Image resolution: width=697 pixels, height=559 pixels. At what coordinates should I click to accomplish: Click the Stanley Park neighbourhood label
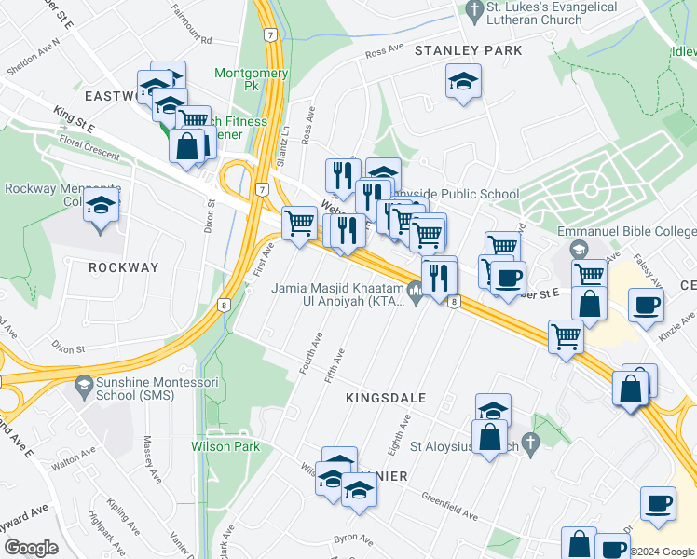469,49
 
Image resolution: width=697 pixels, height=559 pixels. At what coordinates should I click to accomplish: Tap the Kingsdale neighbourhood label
386,398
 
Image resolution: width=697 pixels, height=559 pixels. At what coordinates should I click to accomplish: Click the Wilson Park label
225,446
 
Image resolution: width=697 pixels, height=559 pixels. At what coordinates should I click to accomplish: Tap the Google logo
30,548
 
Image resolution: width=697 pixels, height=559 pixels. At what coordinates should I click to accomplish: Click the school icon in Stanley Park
463,81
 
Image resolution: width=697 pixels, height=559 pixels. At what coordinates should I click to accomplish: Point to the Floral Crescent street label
89,145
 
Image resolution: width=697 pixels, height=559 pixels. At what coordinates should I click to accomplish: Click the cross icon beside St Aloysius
532,443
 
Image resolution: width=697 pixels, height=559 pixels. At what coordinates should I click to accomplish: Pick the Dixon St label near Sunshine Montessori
68,349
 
